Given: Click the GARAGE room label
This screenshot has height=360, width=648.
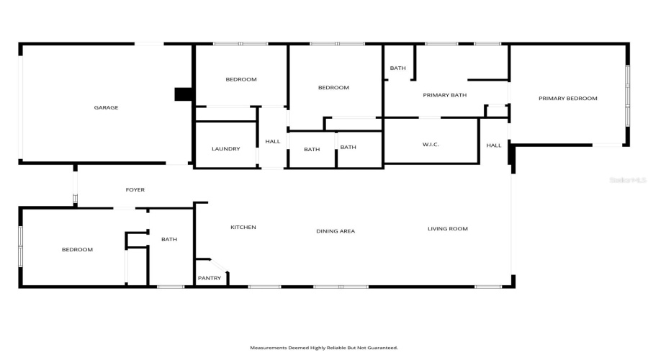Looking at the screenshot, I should click(x=106, y=108).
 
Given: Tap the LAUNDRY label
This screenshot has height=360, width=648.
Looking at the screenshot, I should click(x=225, y=149).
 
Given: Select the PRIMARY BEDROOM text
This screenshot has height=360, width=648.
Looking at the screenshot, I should click(x=567, y=99).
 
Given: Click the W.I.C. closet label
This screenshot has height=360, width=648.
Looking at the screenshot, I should click(x=431, y=145).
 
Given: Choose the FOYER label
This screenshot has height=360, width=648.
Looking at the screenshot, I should click(x=135, y=190).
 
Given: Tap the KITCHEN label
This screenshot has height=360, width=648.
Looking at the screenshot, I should click(x=243, y=228).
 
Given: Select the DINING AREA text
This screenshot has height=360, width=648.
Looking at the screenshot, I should click(x=336, y=231).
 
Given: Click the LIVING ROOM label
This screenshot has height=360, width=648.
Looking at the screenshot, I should click(x=447, y=229).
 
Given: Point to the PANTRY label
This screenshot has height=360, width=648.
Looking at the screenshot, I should click(x=210, y=278).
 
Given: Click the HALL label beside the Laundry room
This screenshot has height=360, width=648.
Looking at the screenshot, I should click(x=272, y=142).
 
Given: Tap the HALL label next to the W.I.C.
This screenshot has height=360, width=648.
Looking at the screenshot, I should click(x=493, y=145).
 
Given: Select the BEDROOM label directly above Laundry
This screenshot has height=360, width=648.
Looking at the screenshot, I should click(x=240, y=79).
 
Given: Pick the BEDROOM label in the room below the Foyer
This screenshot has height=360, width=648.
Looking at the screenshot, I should click(x=77, y=250).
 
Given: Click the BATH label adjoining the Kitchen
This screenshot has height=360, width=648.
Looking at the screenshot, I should click(x=169, y=240).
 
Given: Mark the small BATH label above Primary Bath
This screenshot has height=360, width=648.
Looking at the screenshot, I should click(x=397, y=68).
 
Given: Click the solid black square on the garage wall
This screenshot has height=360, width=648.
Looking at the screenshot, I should click(x=184, y=94).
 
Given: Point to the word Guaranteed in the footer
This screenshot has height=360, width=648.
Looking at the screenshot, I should click(x=382, y=348).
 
